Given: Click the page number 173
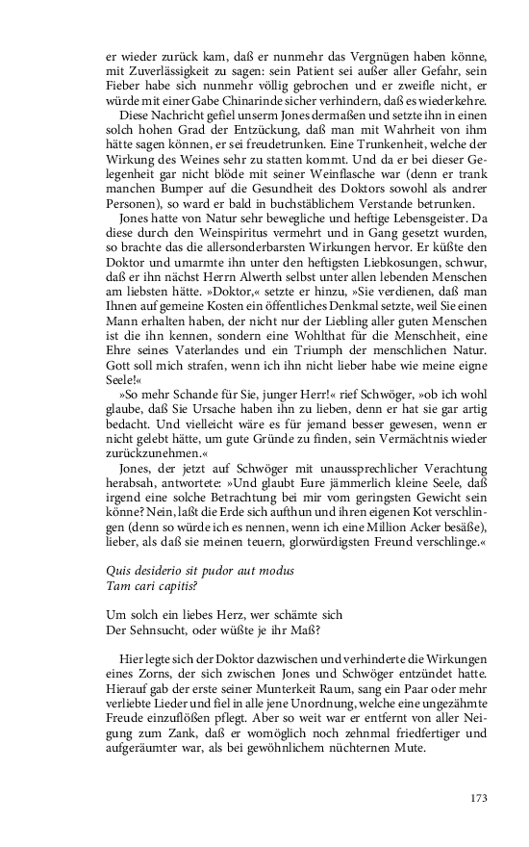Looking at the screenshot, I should pos(481,797).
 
